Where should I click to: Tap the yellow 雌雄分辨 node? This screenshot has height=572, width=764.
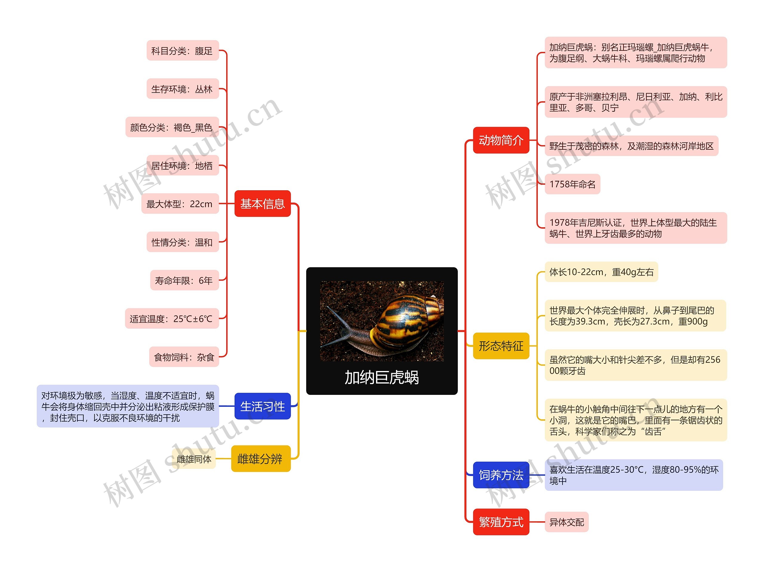261,459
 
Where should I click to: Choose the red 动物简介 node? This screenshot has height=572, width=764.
501,140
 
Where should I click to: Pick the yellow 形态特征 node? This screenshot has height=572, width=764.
501,346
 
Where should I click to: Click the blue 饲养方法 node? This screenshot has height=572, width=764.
501,475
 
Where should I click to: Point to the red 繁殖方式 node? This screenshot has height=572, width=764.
501,522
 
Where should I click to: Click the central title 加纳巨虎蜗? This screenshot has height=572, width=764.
382,377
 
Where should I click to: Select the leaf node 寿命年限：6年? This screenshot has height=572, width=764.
184,280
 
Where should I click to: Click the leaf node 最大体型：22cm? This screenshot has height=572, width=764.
180,204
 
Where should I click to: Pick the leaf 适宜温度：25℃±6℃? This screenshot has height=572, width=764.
172,319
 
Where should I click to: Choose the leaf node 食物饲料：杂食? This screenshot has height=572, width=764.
184,357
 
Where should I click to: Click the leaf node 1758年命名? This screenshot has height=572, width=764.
572,184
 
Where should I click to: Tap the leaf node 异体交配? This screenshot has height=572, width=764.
566,522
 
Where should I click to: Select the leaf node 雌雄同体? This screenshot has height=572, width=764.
194,459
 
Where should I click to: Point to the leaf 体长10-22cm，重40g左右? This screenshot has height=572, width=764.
601,272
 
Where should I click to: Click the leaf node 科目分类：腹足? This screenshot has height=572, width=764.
182,51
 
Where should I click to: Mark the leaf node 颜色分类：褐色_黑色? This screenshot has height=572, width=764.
172,127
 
